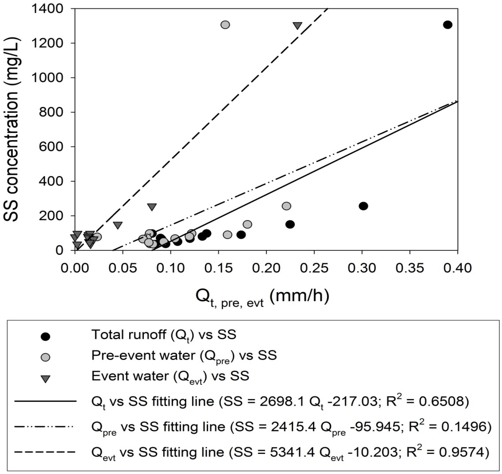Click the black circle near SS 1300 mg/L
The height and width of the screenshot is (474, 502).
[x=447, y=25]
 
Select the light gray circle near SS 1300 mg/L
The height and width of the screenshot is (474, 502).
[x=225, y=25]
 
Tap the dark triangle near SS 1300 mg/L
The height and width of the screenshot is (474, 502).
[x=298, y=26]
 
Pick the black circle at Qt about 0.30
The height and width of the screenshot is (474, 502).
[x=363, y=206]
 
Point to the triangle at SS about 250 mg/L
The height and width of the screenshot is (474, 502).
[x=152, y=207]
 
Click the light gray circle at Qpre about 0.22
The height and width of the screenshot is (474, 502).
[x=286, y=206]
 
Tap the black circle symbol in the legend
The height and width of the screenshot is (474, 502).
[x=45, y=337]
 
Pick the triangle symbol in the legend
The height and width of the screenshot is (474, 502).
[x=45, y=379]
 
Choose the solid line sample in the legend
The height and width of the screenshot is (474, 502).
[x=45, y=401]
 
